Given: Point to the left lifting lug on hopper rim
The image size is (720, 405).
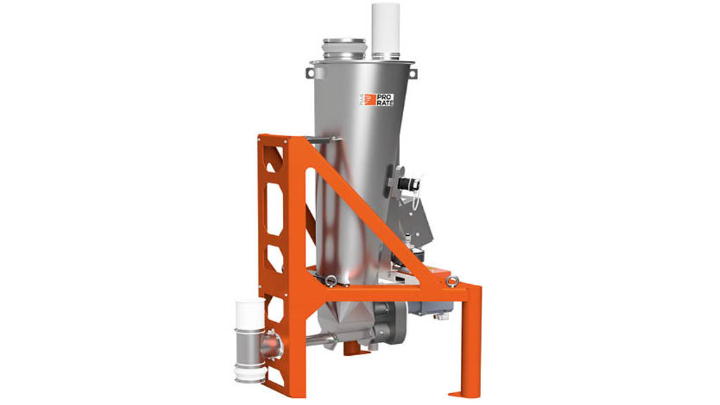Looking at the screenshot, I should (311, 72).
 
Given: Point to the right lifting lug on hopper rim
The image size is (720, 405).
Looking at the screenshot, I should (411, 72).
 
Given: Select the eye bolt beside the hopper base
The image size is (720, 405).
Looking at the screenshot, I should (329, 281).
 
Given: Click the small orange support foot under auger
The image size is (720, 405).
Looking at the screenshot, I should (346, 350).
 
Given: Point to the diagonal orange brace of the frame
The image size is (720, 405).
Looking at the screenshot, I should (365, 211).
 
